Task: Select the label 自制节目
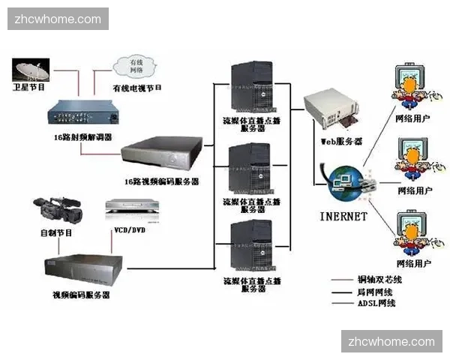[57, 233]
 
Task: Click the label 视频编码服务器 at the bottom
[82, 295]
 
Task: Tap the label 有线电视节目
[137, 88]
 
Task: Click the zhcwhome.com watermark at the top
[59, 19]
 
